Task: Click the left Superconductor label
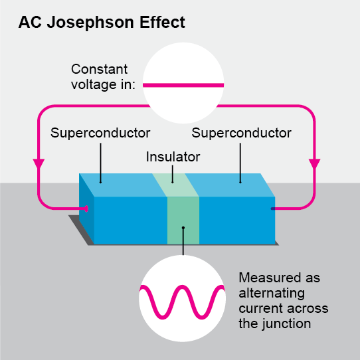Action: tap(100, 133)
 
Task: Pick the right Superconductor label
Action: tap(241, 133)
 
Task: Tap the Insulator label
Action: tap(173, 157)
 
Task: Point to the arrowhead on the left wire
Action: tap(39, 163)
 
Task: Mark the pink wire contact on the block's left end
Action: tap(86, 209)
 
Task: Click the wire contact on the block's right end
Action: tap(272, 209)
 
